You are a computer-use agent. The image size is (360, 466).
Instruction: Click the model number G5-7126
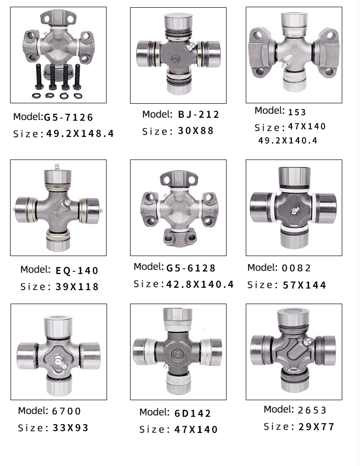tap(68, 117)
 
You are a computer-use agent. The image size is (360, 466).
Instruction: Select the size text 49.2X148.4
tap(80, 134)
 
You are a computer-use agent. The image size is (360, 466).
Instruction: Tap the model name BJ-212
tap(198, 114)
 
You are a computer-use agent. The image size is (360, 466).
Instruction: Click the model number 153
tap(297, 112)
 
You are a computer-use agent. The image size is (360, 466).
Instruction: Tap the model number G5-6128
tap(191, 268)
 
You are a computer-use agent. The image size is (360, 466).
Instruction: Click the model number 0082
tap(297, 268)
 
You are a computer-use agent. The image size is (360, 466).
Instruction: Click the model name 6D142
tap(192, 413)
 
